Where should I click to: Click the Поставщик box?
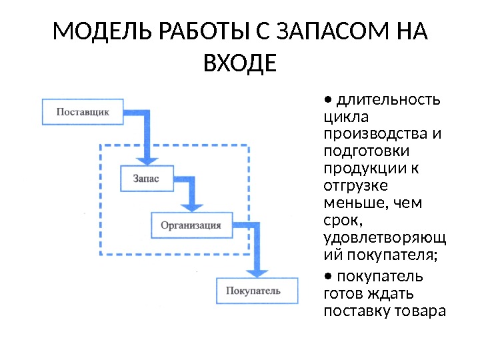pos(83,112)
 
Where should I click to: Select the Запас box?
pos(146,179)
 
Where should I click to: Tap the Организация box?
pos(191,225)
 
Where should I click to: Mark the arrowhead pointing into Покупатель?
pos(257,272)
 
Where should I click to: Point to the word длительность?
pos(389,100)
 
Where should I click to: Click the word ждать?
pos(391,293)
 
